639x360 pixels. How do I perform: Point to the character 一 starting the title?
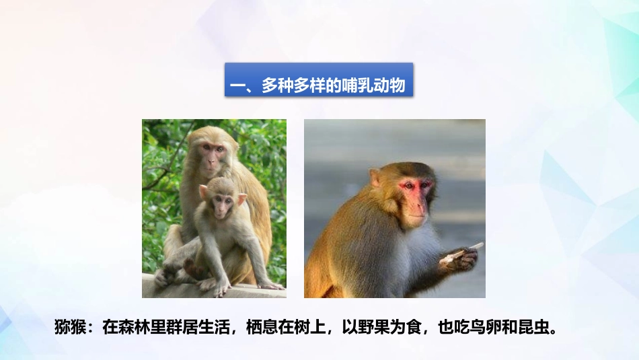click(x=236, y=87)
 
